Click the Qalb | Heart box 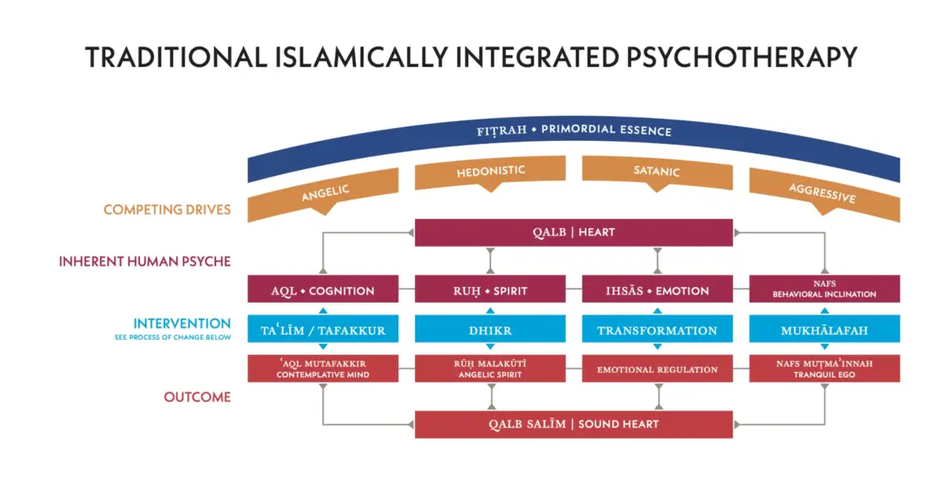pos(574,232)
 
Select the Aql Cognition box pos(322,290)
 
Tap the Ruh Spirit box pos(490,290)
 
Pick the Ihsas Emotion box pos(657,290)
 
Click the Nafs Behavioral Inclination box pos(824,289)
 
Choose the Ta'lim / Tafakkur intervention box pos(322,330)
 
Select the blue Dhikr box pos(490,330)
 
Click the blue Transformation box pos(657,330)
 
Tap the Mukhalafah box pos(824,330)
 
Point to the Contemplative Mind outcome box pos(322,369)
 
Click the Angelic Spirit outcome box pos(490,369)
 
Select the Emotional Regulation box pos(657,369)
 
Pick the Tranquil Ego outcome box pos(824,369)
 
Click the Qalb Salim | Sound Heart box pos(574,424)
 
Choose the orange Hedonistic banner pos(490,172)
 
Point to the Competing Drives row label pos(167,210)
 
